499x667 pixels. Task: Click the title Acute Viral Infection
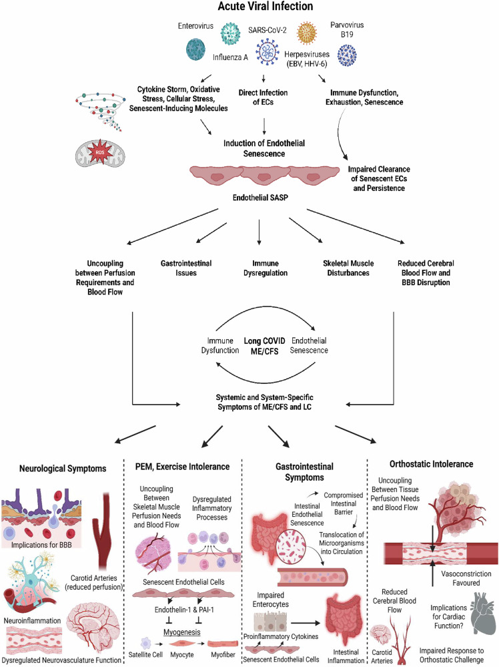pos(266,7)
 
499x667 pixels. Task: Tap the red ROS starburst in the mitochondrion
pos(100,152)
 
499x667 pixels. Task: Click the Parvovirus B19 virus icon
pos(347,55)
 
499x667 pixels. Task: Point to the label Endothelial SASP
pos(260,198)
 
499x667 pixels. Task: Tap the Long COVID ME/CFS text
pos(264,346)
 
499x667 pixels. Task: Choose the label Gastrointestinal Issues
pos(185,268)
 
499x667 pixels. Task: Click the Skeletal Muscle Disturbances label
pos(348,268)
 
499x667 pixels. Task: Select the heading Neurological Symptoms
pos(63,468)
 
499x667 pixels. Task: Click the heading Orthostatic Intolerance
pos(431,464)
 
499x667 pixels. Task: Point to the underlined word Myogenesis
pos(182,632)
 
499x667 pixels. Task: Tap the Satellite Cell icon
pos(146,643)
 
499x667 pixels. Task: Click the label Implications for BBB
pos(41,545)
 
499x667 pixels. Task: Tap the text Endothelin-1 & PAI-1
pos(184,610)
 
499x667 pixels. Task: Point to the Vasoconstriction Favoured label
pos(466,578)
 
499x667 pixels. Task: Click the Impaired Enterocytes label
pos(270,600)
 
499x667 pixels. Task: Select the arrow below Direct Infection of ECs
pos(264,126)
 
